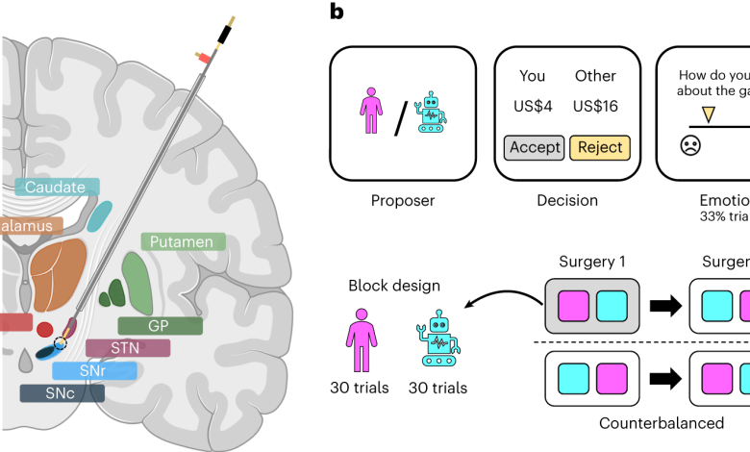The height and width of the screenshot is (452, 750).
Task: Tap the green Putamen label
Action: pos(182,241)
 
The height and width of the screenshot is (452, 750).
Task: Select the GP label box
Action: pos(160,325)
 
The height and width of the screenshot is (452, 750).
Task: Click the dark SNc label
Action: pos(62,392)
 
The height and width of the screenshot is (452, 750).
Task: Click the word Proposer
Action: pos(402,201)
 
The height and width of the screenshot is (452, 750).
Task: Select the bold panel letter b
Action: pos(337,13)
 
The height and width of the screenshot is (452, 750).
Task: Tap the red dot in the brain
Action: pos(45,329)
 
